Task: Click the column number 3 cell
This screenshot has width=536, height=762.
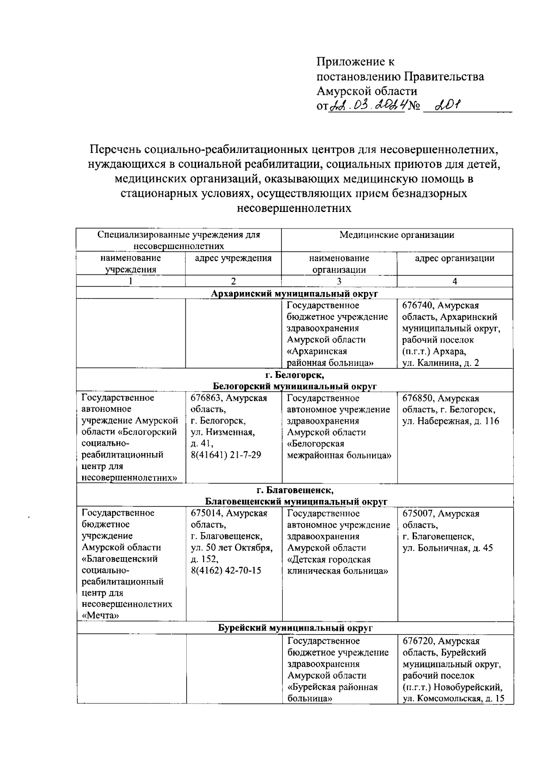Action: (339, 281)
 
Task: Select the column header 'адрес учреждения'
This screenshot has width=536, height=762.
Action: (233, 258)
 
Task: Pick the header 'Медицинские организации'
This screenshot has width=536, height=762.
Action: (397, 235)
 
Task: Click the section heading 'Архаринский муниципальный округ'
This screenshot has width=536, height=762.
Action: (294, 293)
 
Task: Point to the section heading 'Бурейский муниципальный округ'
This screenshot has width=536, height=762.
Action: (294, 628)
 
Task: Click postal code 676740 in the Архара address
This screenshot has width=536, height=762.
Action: (417, 306)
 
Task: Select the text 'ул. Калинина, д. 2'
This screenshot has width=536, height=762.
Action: (440, 363)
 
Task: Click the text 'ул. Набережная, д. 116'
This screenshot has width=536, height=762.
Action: (450, 421)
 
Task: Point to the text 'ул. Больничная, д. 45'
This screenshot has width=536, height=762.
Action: (447, 548)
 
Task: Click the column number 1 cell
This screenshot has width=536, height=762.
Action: (130, 281)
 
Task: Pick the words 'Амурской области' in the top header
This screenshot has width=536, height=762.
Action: (367, 91)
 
